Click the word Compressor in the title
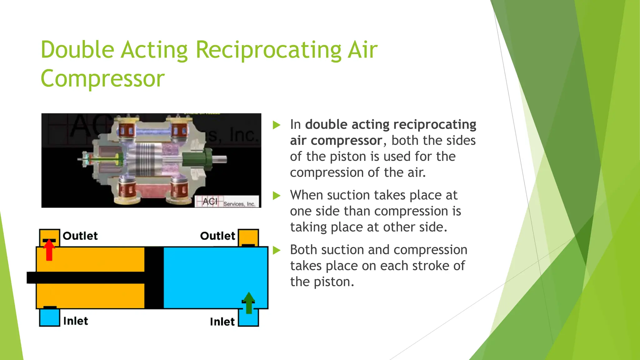click(x=102, y=79)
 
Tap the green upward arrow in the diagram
click(x=249, y=302)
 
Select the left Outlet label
click(x=80, y=236)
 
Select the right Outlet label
click(x=217, y=236)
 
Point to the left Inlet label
click(x=76, y=321)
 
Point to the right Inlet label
click(x=222, y=322)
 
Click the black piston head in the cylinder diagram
click(x=154, y=277)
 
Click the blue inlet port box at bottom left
click(x=49, y=318)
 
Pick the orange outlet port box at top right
click(x=248, y=237)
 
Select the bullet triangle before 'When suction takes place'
click(x=277, y=196)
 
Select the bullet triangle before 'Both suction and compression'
click(x=277, y=250)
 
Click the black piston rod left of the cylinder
click(x=31, y=277)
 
